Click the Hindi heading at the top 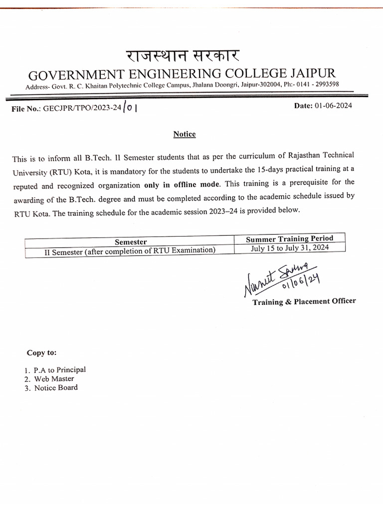pyautogui.click(x=182, y=56)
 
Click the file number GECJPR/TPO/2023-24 pyautogui.click(x=82, y=109)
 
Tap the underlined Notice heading pyautogui.click(x=185, y=134)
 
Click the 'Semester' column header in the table pyautogui.click(x=131, y=242)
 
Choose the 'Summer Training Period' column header pyautogui.click(x=290, y=239)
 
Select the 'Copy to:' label pyautogui.click(x=42, y=353)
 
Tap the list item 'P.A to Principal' pyautogui.click(x=59, y=370)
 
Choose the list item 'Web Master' pyautogui.click(x=54, y=379)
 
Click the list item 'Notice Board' pyautogui.click(x=56, y=388)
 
